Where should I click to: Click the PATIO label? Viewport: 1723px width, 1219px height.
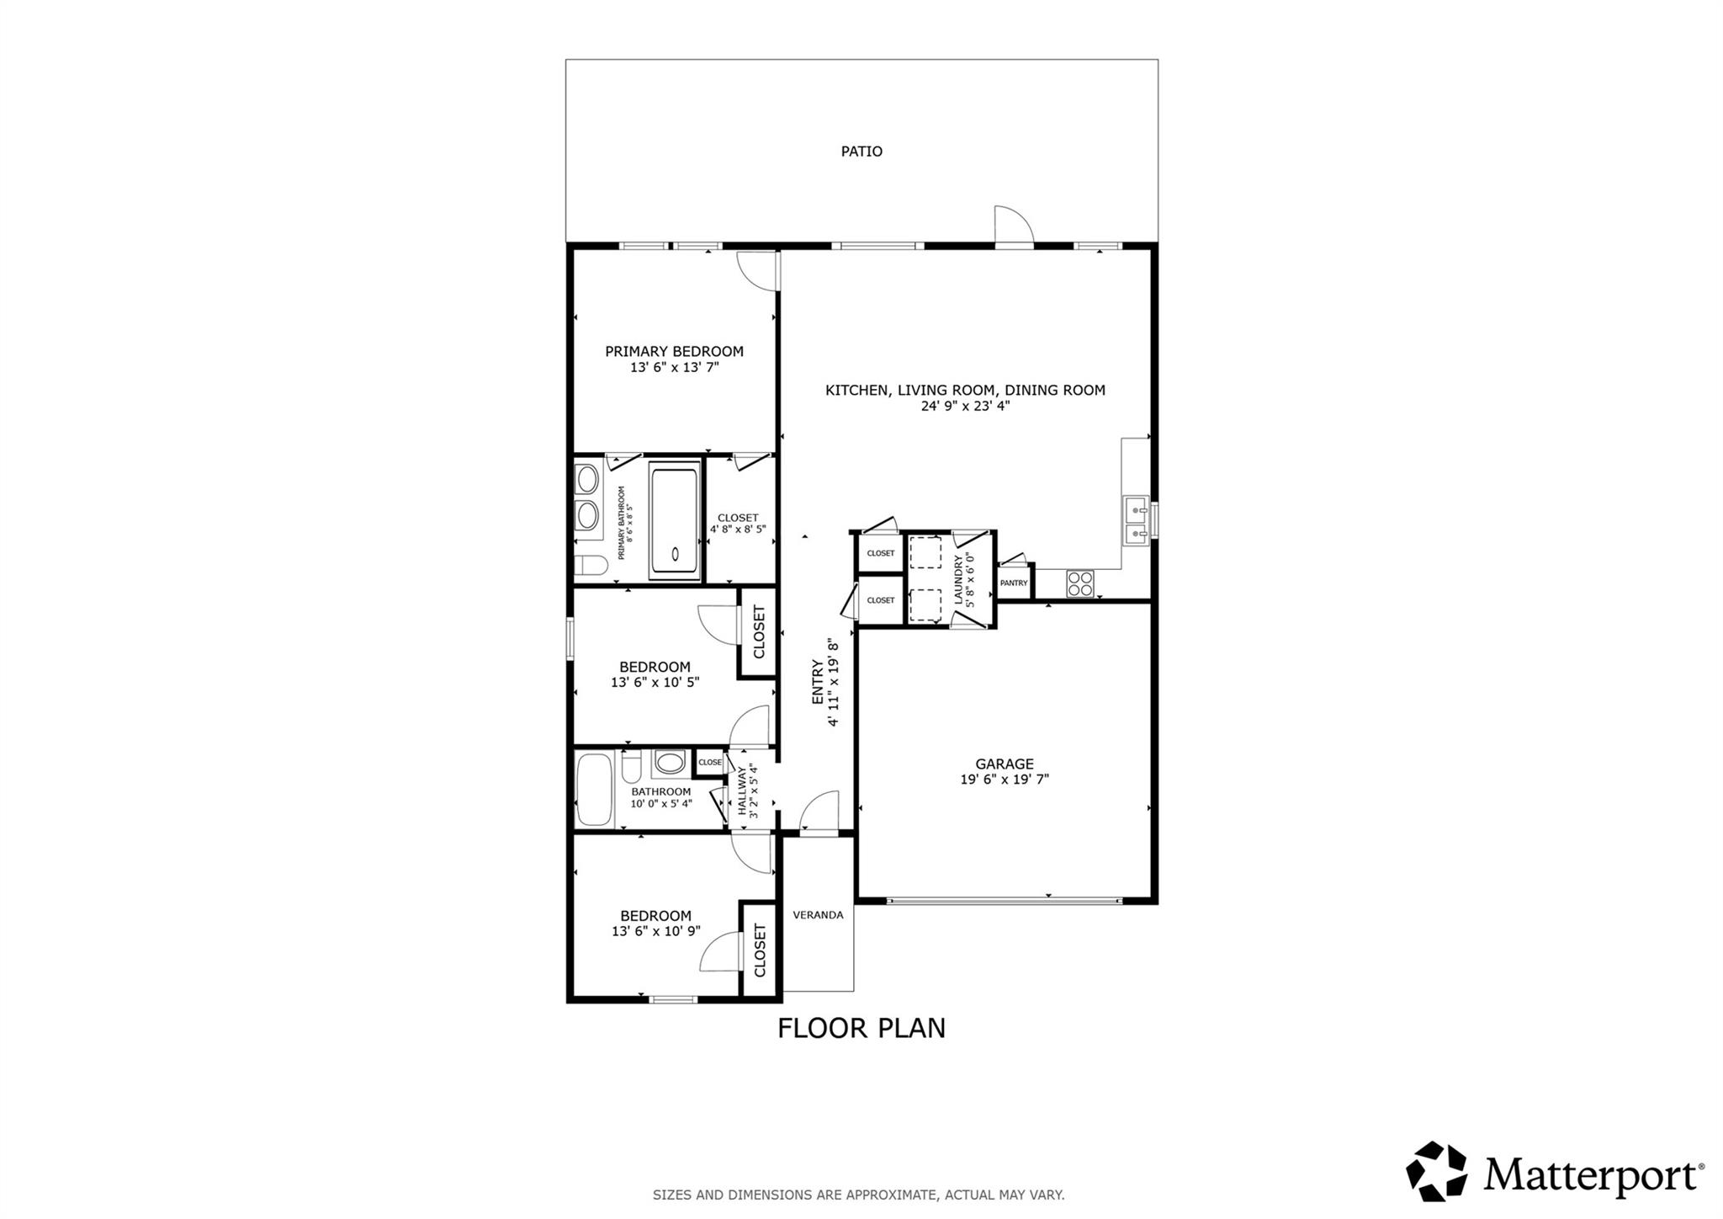(x=861, y=152)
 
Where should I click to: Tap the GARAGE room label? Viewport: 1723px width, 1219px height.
(x=1005, y=764)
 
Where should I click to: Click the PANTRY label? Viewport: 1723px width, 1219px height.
(x=1014, y=583)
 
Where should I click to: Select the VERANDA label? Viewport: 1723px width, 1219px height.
(x=818, y=915)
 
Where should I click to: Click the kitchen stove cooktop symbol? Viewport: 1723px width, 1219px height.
(x=1080, y=583)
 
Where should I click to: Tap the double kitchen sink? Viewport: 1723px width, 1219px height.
(x=1136, y=521)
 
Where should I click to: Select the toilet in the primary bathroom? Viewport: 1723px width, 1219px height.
(x=590, y=566)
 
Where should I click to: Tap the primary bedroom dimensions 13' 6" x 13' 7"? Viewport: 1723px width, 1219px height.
(x=674, y=368)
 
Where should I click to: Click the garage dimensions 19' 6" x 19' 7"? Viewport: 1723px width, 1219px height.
(x=1005, y=780)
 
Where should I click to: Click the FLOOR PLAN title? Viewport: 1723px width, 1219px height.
(x=861, y=1028)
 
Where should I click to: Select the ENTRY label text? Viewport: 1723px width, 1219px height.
(x=817, y=682)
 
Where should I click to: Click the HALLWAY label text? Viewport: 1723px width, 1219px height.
(x=743, y=790)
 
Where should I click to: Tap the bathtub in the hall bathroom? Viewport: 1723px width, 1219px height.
(x=596, y=789)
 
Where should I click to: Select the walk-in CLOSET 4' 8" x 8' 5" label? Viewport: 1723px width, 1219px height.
(x=738, y=524)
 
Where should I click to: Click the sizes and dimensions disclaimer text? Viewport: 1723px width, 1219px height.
(x=858, y=1195)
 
